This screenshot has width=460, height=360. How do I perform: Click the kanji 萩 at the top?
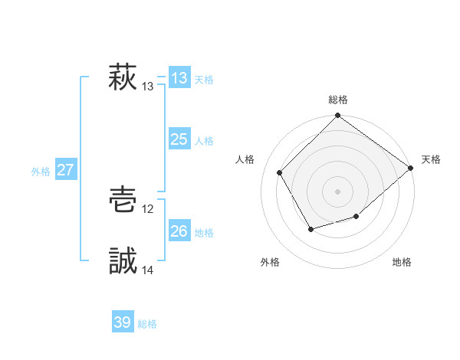click(123, 78)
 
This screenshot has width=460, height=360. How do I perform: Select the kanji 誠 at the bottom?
click(123, 261)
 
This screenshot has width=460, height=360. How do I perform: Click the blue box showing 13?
click(179, 78)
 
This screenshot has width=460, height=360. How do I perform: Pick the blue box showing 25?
click(179, 139)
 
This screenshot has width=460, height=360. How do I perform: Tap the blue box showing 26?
click(179, 231)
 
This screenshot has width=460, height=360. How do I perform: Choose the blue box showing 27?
click(65, 170)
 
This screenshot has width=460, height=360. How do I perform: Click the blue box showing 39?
click(123, 322)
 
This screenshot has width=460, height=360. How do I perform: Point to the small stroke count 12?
click(148, 209)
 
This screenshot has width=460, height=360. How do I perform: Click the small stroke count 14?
click(148, 270)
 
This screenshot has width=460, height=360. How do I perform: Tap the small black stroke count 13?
click(148, 87)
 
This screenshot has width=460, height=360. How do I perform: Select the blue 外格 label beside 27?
click(41, 172)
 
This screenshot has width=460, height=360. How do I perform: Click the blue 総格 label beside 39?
click(147, 324)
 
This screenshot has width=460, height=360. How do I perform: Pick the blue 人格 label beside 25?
click(204, 141)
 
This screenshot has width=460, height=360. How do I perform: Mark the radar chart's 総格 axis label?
click(338, 100)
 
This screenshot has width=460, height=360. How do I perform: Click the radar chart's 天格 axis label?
click(431, 159)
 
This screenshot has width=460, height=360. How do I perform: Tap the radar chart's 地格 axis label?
click(402, 262)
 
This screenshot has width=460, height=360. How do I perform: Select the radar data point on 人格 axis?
click(280, 172)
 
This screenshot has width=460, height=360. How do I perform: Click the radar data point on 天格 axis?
click(411, 168)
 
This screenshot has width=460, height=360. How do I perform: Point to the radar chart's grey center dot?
click(338, 191)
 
